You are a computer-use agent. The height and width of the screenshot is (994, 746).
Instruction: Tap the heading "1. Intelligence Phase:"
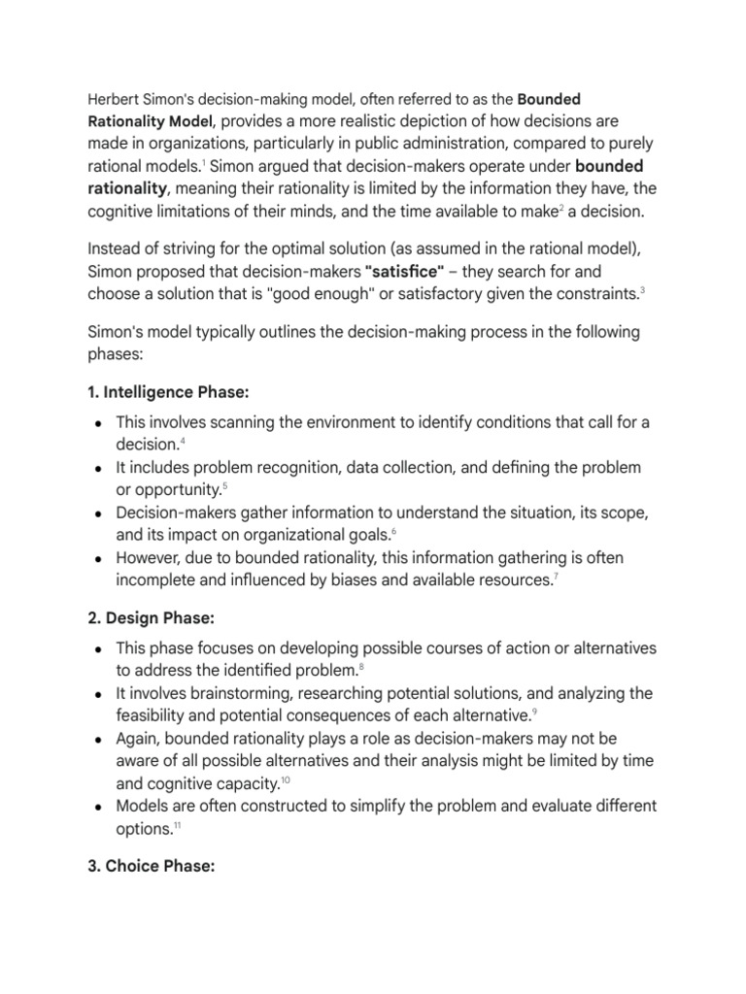tap(169, 394)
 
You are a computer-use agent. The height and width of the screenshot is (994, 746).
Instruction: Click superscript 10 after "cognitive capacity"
tap(285, 780)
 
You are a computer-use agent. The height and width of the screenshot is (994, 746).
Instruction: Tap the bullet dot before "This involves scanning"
tap(100, 423)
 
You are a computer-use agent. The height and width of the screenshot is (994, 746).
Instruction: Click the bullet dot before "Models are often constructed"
tap(100, 807)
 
